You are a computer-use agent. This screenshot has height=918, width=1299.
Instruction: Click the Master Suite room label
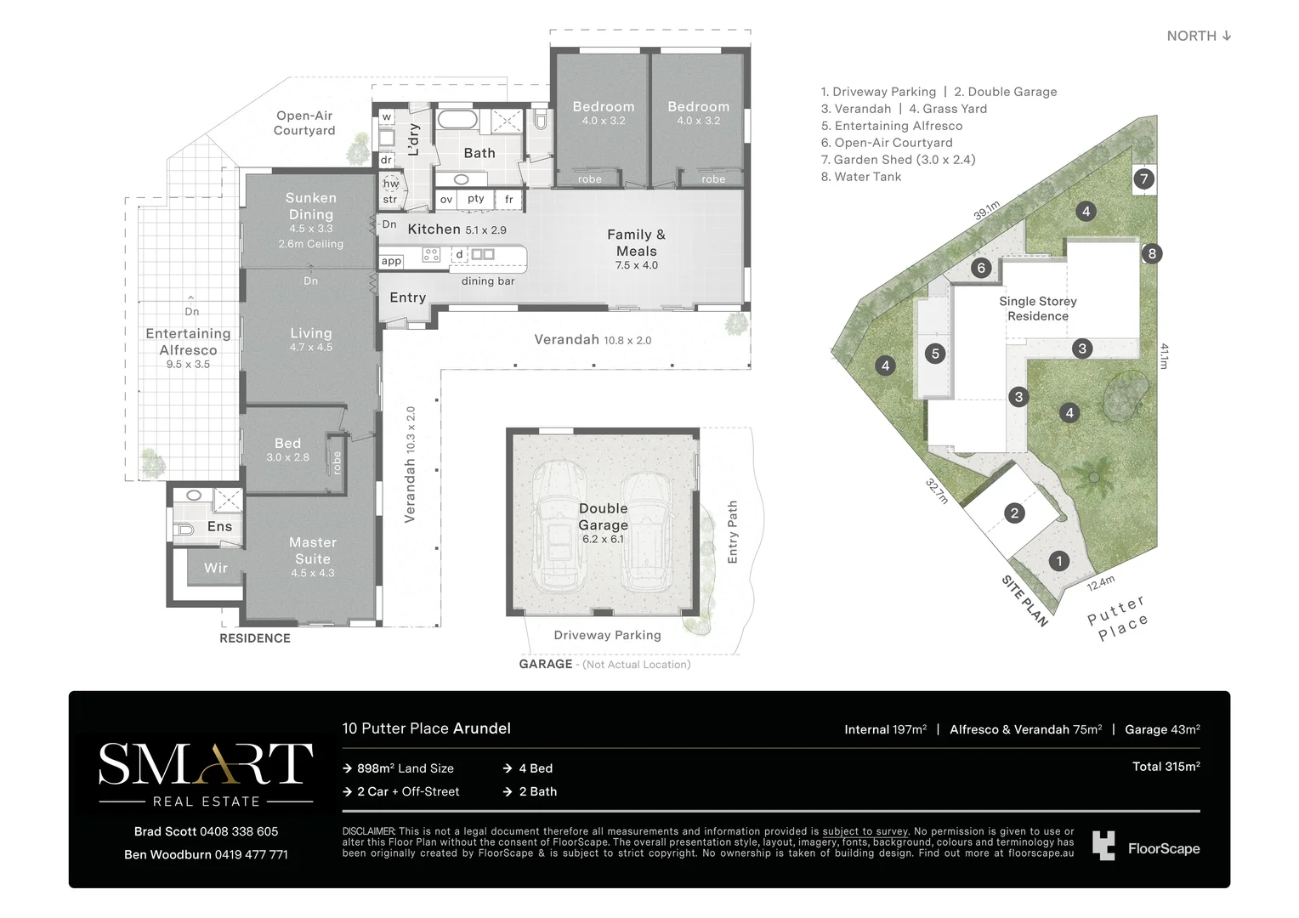[x=313, y=551]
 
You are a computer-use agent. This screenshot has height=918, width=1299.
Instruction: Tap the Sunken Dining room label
[x=311, y=207]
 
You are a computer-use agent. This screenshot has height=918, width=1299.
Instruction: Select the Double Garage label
[x=603, y=517]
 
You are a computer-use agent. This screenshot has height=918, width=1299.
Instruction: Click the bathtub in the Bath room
[x=457, y=118]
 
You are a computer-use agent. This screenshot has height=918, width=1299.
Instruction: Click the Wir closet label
[x=216, y=568]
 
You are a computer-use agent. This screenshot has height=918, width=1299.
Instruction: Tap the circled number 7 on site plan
[x=1144, y=178]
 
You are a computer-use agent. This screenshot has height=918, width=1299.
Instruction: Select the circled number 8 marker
[x=1152, y=253]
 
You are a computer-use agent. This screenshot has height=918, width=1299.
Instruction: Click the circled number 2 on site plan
[x=1013, y=513]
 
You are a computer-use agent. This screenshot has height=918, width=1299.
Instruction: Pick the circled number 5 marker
[x=935, y=354]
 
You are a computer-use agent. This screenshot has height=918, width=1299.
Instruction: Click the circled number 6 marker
[x=981, y=268]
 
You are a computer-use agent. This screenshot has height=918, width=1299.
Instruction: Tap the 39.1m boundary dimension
[x=986, y=210]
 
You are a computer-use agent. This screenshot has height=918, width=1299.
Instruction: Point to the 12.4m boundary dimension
[x=1100, y=583]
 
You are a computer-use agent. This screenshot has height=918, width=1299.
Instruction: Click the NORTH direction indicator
[x=1199, y=36]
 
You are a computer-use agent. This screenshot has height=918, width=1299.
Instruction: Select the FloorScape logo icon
[x=1103, y=846]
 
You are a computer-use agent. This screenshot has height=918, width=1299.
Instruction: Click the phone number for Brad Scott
[x=243, y=831]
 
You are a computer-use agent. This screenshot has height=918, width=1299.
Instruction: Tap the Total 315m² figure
[x=1166, y=767]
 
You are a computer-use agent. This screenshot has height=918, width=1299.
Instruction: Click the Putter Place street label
[x=1118, y=618]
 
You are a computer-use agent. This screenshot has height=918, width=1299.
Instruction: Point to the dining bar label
[x=488, y=281]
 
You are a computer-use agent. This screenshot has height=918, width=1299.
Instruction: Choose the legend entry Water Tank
[x=867, y=177]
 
